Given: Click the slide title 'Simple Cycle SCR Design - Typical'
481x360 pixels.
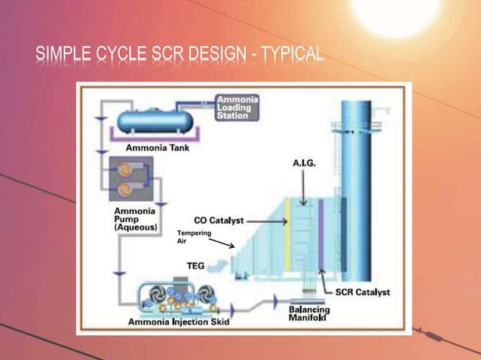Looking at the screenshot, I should click(180, 54).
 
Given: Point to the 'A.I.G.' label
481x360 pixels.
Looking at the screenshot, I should click(304, 163).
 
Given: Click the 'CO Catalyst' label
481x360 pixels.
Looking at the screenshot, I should click(219, 221).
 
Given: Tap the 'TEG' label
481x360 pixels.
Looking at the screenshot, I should click(196, 265).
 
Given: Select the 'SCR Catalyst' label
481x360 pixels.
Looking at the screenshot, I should click(362, 293).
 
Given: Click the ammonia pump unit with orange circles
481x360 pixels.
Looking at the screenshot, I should click(128, 178).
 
